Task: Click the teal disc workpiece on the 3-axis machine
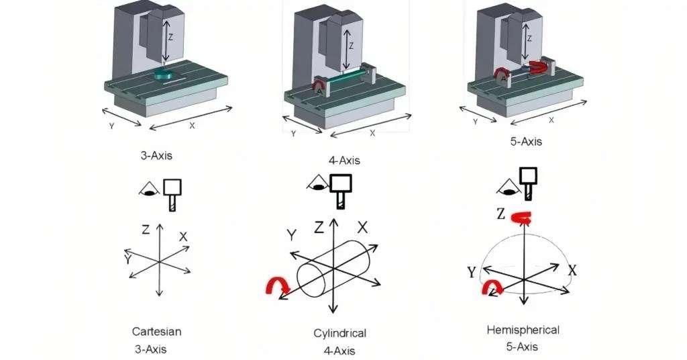coord(164,75)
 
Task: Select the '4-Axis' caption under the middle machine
coord(345,161)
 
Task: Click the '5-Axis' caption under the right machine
coord(527,142)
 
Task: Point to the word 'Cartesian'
coord(156,331)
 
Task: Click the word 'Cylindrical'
coord(340,333)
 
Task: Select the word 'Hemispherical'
coord(523,330)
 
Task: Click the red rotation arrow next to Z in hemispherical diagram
coord(521,216)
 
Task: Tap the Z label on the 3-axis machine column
coord(171,38)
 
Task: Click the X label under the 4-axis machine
coord(372,133)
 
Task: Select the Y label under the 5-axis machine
coord(475,122)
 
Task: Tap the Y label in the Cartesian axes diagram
coord(127,259)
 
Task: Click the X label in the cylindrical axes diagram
coord(363,227)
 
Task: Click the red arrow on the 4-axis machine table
coord(321,85)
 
